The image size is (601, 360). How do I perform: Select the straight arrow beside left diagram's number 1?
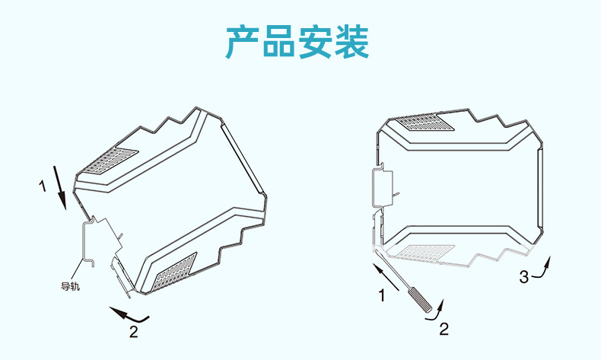(61, 186)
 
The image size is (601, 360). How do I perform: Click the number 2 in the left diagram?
(133, 331)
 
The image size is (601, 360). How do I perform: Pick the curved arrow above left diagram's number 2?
(129, 312)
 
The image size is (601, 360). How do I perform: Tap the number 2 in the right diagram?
(444, 329)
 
